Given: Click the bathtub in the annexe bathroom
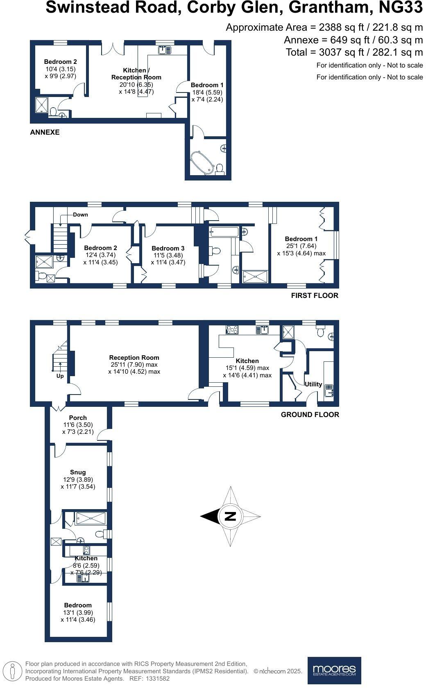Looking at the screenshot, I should pos(202,163).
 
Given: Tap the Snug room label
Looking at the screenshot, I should pos(78,472).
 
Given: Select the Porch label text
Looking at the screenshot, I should pos(78,418).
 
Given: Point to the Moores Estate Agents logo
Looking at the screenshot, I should pos(334,670).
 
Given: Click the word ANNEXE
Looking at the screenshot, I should pos(45,132).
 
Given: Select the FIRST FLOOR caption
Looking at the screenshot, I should pos(315,296).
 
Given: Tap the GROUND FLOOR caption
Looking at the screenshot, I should pos(310,415).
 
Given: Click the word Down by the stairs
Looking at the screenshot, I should pos(80,214).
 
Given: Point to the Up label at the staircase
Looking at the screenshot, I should pos(60,376).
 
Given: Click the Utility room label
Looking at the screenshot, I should pos(313,384).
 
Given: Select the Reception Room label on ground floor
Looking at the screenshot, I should pos(134,357).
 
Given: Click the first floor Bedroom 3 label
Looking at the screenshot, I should pos(168,248).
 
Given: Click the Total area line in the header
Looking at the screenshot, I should pos(354,52).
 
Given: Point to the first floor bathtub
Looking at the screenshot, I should pos(224,232).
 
